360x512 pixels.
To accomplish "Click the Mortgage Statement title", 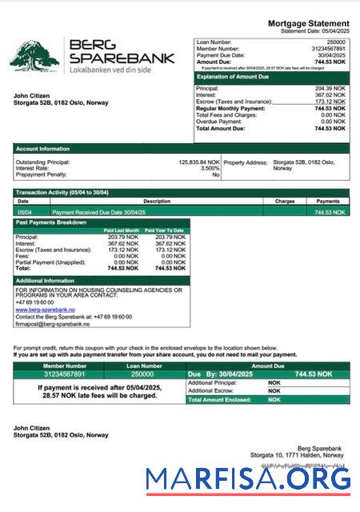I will click(307, 25).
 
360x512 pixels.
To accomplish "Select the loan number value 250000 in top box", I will click(336, 40).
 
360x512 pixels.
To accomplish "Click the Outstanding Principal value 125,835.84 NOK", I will click(199, 162).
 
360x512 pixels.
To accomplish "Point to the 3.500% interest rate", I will click(208, 168).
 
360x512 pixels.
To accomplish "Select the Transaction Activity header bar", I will click(62, 193).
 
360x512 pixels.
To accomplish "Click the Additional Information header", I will click(46, 281).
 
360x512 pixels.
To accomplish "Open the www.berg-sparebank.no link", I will click(45, 310).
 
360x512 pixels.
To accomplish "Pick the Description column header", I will click(156, 202).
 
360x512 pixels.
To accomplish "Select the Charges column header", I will click(285, 202).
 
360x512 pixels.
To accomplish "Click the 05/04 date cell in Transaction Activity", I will click(25, 212).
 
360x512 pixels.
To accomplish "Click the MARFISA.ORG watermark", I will click(248, 478).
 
